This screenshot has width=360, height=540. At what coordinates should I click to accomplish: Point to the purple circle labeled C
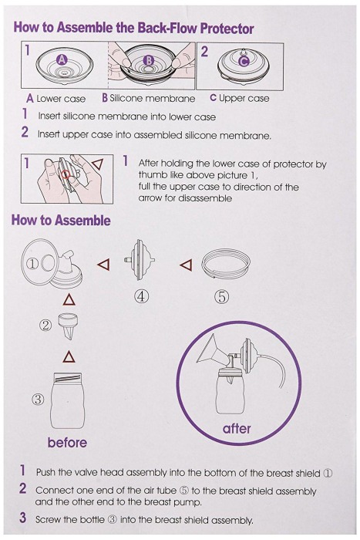244,60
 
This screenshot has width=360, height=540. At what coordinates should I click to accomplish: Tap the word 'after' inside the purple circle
237,429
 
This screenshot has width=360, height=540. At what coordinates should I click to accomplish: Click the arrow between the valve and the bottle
69,356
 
